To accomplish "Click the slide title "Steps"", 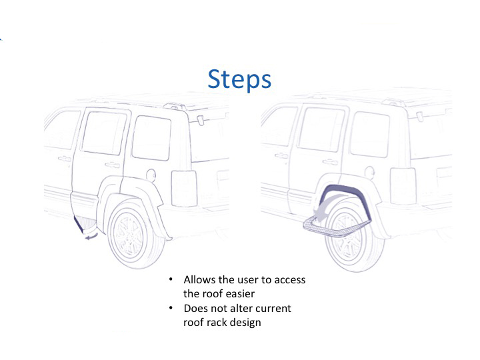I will click(239, 79).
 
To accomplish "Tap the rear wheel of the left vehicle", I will click(136, 233).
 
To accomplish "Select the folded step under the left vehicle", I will click(83, 225).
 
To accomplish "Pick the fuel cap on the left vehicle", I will click(151, 175).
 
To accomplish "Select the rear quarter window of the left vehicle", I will click(151, 137).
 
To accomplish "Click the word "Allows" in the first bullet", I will click(199, 280).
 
